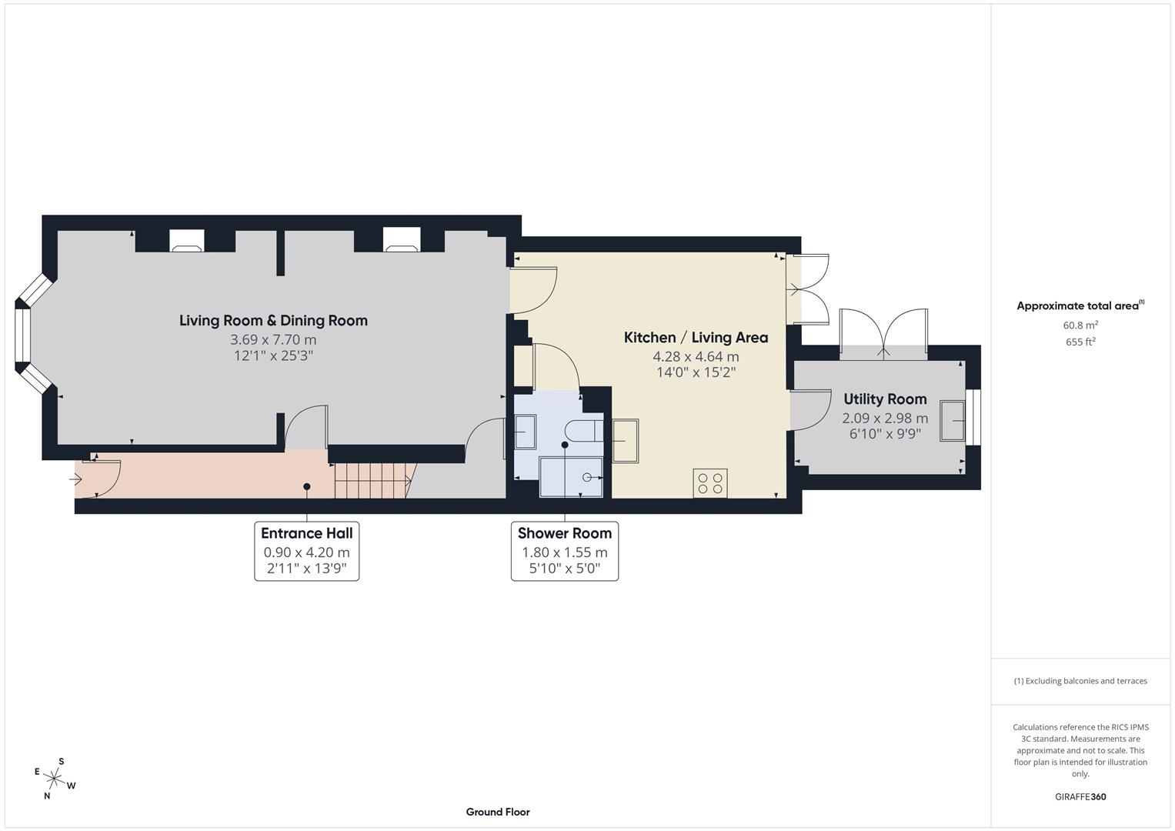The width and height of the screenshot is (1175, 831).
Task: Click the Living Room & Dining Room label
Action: [x=273, y=321]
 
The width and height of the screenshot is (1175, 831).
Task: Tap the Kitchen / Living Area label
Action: [x=696, y=337]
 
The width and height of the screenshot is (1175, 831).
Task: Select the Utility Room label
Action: [x=885, y=399]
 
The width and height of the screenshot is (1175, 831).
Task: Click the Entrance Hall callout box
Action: [x=307, y=551]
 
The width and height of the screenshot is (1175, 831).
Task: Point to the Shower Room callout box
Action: [x=565, y=551]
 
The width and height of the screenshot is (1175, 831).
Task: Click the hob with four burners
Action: [x=710, y=483]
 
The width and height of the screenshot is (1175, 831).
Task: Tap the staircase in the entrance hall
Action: [x=375, y=480]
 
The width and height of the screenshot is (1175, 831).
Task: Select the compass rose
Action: [x=55, y=779]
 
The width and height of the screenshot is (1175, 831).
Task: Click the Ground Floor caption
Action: [x=498, y=812]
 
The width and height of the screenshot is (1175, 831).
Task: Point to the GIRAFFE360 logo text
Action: [x=1080, y=796]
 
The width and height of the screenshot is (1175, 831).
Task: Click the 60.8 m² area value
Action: [x=1080, y=325]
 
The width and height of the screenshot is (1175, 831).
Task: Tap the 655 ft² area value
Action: [x=1080, y=342]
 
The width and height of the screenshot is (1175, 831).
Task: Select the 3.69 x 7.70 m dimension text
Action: [x=273, y=339]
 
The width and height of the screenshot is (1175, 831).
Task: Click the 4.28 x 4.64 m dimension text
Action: [x=696, y=357]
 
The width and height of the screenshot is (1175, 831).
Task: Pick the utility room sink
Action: [x=952, y=421]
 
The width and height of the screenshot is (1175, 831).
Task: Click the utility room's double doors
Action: [x=884, y=334]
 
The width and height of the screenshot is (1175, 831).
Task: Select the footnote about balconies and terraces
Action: [x=1080, y=681]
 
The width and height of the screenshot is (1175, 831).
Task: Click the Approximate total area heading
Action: [x=1080, y=305]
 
